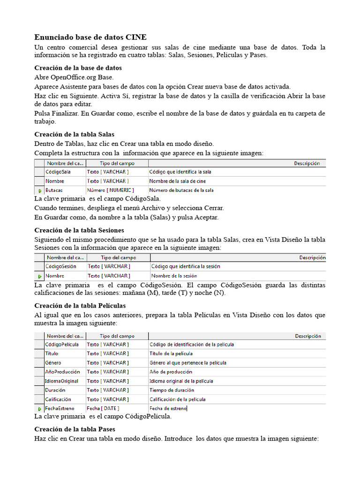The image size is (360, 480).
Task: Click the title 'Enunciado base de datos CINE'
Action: pos(90,37)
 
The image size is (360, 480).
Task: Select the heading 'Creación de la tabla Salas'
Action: pos(75,135)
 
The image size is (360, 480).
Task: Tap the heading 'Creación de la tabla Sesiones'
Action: pos(79,230)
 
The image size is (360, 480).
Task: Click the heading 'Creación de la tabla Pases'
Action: pos(75,429)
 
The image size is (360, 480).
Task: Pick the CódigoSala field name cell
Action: pos(58,172)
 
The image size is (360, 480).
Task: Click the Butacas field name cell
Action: pos(54,190)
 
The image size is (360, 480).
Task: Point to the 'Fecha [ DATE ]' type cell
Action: pos(103,408)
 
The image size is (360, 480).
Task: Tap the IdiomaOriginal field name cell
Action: pos(62,381)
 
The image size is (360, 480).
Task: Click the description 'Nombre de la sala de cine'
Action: pos(178,181)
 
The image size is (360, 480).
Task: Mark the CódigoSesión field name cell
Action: pos(61,266)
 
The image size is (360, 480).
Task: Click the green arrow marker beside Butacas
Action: pos(39,191)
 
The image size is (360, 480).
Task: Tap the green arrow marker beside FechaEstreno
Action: pos(39,409)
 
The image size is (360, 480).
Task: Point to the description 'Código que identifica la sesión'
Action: pos(186,266)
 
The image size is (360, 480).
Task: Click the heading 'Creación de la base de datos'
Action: pos(78,68)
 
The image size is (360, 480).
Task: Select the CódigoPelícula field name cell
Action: pos(62,345)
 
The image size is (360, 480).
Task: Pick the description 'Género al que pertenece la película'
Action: pos(188,363)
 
